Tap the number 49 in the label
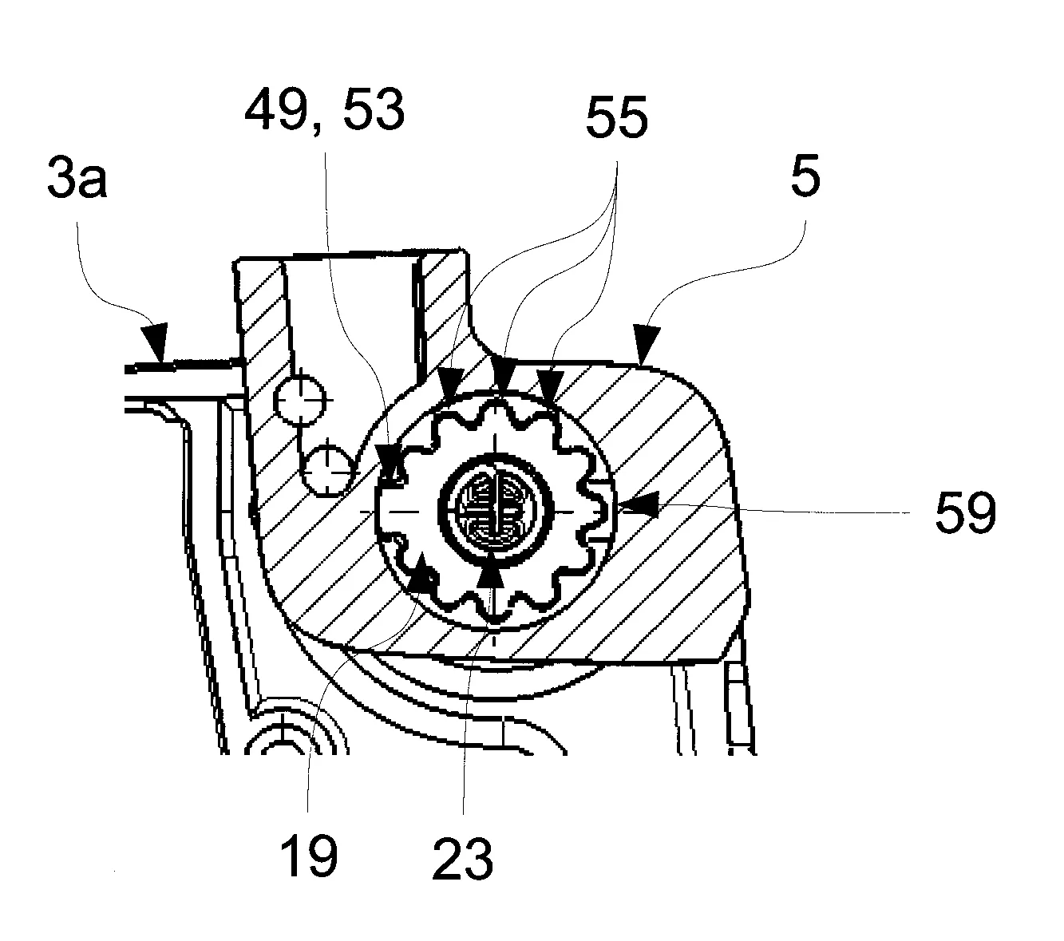coord(275,110)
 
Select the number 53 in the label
coord(374,110)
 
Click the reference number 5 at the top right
coord(805,176)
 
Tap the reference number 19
coord(309,856)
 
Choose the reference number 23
coord(463,859)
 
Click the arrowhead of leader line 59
coord(638,506)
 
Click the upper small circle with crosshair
coord(300,400)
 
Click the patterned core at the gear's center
coord(495,507)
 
